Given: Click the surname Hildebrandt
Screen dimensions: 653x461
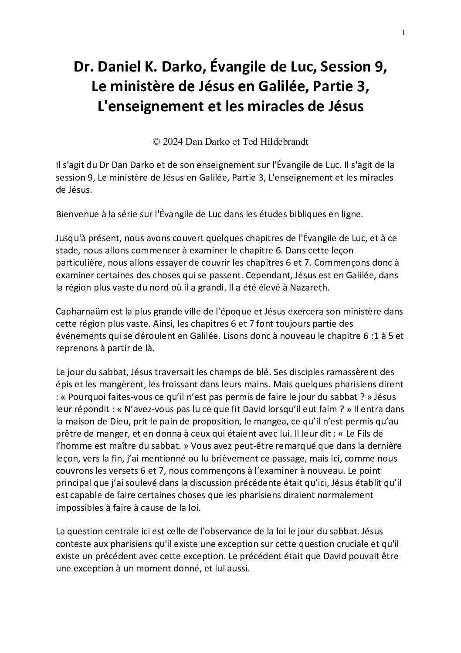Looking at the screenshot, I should point(279,141).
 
